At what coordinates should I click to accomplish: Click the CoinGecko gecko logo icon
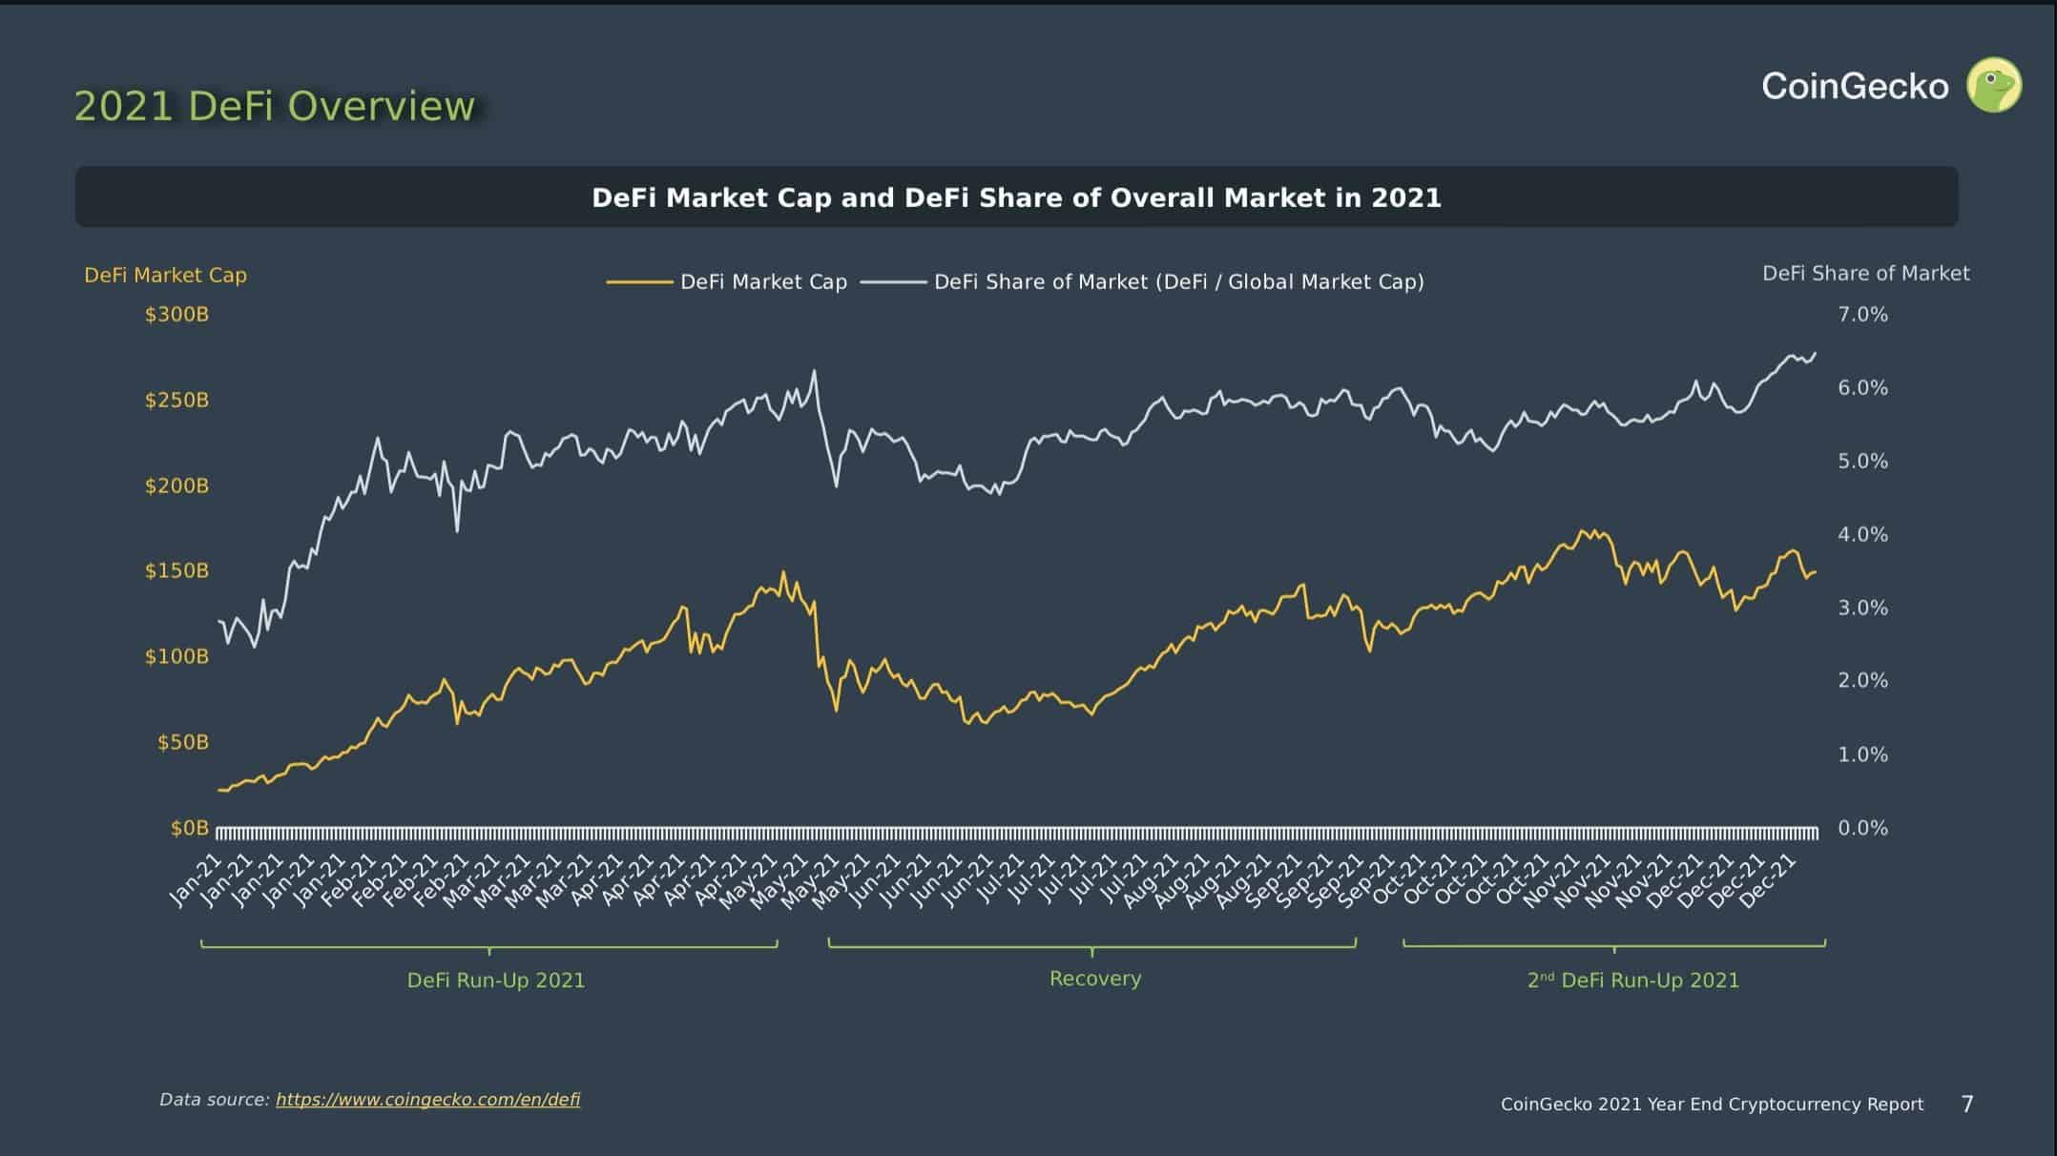point(1993,86)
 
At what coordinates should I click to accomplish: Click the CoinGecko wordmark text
point(1855,87)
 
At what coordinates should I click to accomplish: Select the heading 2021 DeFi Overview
point(274,106)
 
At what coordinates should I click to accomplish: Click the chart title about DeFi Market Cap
point(1016,197)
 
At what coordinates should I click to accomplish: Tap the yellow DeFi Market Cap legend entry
point(727,282)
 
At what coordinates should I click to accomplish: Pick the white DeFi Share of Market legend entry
point(1142,282)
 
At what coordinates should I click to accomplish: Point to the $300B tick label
point(177,315)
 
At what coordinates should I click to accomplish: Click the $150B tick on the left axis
point(177,571)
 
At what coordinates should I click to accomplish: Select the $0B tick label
point(189,828)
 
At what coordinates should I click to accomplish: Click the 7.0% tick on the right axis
point(1862,315)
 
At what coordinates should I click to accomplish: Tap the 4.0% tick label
point(1862,535)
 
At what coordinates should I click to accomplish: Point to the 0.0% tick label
point(1862,828)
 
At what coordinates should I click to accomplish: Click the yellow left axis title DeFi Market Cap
point(165,276)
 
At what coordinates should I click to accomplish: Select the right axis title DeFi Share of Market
point(1865,274)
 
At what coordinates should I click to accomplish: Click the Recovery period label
point(1094,979)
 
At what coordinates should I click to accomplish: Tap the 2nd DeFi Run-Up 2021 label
point(1632,981)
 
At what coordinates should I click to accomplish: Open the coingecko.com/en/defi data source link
point(427,1100)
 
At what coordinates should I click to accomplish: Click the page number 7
point(1966,1104)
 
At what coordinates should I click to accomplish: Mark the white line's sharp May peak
point(814,371)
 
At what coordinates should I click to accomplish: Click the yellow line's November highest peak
point(1582,530)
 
